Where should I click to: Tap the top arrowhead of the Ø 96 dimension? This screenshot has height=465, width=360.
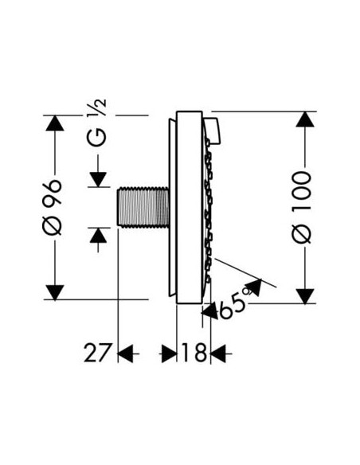(54, 124)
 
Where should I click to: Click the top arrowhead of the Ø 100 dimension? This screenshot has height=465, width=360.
(304, 120)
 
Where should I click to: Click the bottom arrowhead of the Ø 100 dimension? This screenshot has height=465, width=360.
(304, 295)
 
